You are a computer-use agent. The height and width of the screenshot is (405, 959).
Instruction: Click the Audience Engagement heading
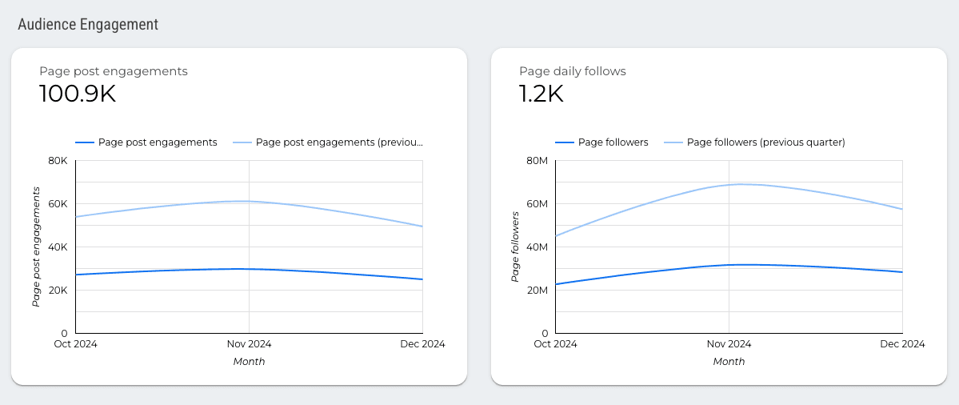(x=88, y=25)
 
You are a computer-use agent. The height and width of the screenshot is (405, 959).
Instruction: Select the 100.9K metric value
(x=78, y=94)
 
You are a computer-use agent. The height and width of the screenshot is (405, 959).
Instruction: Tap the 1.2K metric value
(x=541, y=94)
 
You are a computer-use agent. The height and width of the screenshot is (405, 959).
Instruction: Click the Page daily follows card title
(x=573, y=71)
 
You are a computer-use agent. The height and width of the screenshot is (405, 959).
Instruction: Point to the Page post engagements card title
(x=114, y=71)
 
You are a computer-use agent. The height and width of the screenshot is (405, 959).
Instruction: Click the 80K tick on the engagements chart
(x=58, y=160)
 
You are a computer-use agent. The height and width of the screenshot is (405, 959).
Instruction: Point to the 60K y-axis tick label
(x=58, y=203)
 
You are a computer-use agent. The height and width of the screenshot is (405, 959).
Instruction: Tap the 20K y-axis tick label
(x=58, y=290)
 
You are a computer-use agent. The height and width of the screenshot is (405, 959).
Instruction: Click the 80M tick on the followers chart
(x=536, y=160)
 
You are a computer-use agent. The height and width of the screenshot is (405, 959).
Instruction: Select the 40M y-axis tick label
(x=536, y=247)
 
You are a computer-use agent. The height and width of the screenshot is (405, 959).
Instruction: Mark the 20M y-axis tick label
(x=536, y=290)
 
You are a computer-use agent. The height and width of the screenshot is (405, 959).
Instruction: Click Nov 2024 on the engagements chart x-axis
(x=249, y=344)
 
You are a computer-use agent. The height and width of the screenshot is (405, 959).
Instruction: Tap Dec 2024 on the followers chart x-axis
(x=902, y=344)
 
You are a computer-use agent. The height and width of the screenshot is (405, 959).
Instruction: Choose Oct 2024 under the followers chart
(x=555, y=344)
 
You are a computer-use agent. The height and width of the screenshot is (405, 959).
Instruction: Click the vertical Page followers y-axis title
(x=516, y=247)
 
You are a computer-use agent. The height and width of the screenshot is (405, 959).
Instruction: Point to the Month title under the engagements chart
(x=249, y=362)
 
